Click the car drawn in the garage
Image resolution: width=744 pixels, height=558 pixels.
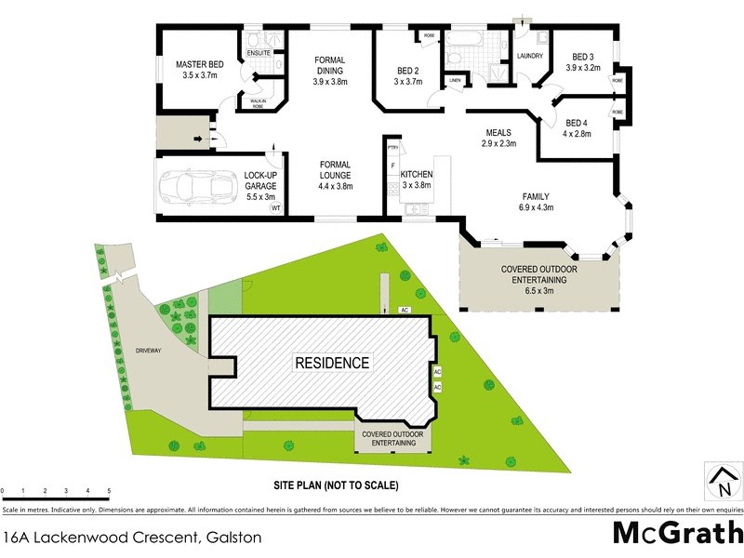[x=196, y=187]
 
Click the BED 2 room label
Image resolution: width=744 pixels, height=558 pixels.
[x=407, y=71]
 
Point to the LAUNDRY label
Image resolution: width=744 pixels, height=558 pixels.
[x=530, y=56]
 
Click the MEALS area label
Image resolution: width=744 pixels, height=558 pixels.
[x=498, y=133]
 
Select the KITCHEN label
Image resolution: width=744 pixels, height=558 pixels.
[x=418, y=174]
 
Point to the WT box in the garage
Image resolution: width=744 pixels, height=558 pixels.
[x=275, y=209]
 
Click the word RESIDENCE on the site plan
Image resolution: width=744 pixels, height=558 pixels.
[x=332, y=362]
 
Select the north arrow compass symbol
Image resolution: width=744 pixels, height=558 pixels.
[x=722, y=483]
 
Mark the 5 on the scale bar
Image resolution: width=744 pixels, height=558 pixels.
[x=109, y=490]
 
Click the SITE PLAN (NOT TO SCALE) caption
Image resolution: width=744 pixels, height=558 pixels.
[x=336, y=485]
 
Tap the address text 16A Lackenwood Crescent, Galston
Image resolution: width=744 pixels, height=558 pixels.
[x=133, y=537]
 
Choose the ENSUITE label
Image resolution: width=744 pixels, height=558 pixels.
[x=259, y=53]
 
